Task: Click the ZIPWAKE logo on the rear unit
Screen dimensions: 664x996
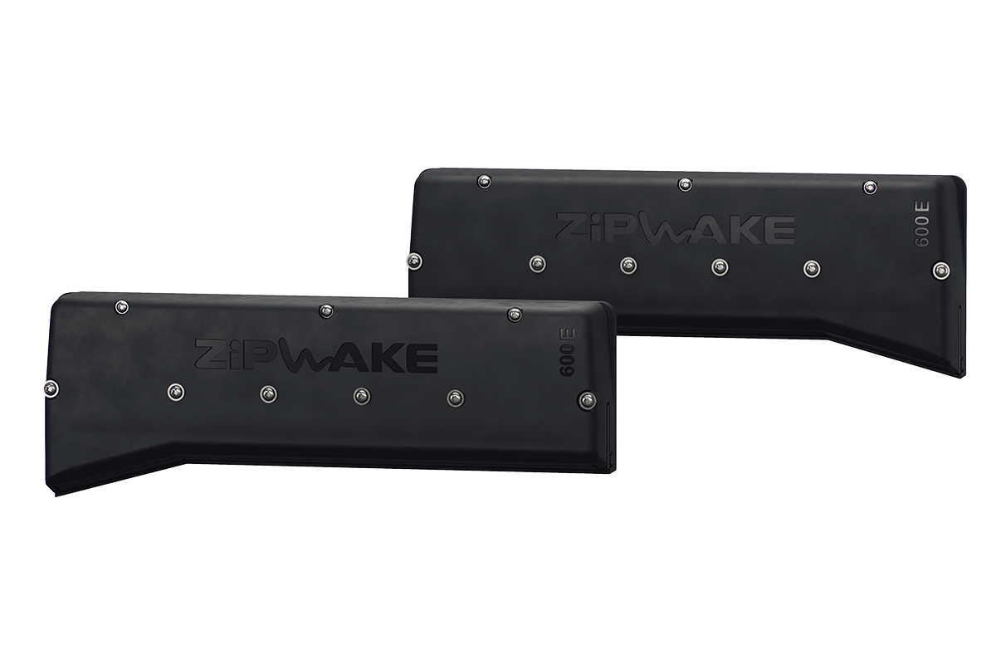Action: [674, 227]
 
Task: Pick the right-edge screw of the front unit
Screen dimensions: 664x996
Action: [587, 399]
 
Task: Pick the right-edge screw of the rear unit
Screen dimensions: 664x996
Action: [940, 269]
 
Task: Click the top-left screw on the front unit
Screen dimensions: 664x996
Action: [122, 307]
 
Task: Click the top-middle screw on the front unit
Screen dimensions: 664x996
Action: [325, 310]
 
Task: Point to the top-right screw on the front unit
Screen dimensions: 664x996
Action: [515, 314]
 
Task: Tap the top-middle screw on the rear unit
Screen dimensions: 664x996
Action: [685, 183]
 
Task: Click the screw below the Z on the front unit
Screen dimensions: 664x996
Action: [175, 391]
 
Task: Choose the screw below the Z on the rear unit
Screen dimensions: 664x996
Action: [538, 263]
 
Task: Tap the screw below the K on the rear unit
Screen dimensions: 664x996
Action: [720, 266]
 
